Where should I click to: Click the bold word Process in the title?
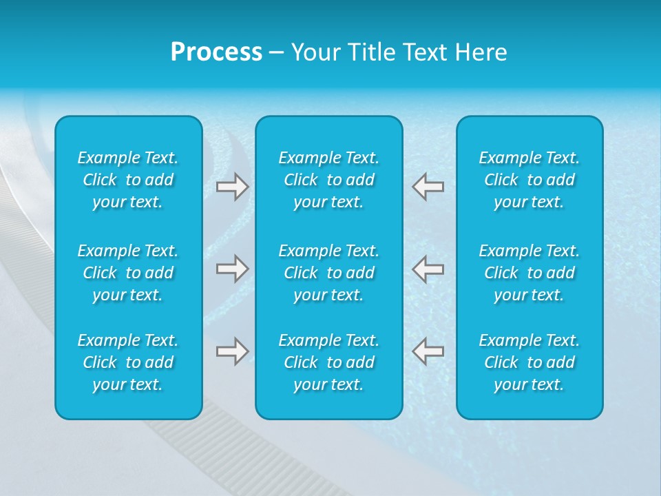click(x=216, y=52)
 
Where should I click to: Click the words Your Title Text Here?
click(x=399, y=52)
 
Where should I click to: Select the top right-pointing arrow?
click(x=232, y=187)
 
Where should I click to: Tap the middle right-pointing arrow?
click(x=232, y=269)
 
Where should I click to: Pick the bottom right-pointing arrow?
click(x=232, y=351)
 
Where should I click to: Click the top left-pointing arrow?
click(x=428, y=187)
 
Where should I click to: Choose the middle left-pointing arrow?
click(x=428, y=269)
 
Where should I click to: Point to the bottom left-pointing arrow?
click(x=428, y=351)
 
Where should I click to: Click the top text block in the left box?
click(x=128, y=180)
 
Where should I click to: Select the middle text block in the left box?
click(x=128, y=273)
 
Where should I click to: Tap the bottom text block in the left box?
click(x=128, y=362)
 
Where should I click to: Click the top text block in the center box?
click(x=329, y=180)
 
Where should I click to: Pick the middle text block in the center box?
click(x=329, y=273)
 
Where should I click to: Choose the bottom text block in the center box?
click(x=329, y=362)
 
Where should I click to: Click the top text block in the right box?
click(x=529, y=180)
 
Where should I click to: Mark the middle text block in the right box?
click(x=529, y=273)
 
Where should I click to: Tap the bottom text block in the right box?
click(x=529, y=362)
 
